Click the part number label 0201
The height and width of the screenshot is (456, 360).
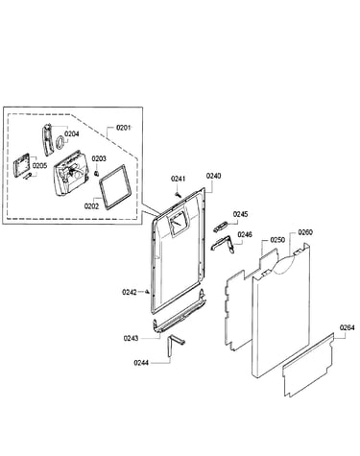(123, 128)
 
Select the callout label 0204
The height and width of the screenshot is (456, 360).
(72, 133)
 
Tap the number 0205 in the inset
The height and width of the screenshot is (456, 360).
(39, 165)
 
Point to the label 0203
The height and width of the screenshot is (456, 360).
(99, 158)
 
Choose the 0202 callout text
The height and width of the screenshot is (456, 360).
(91, 206)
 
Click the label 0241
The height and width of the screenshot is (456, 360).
(178, 179)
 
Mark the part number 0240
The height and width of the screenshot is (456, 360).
(213, 176)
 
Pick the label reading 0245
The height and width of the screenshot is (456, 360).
(240, 214)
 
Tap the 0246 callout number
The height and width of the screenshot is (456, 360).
(245, 234)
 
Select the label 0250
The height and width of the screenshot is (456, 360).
(277, 240)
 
